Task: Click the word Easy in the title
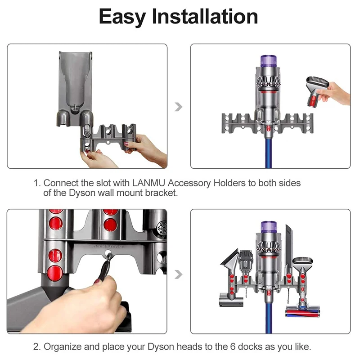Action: coord(121,17)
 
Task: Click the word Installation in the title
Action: coord(205,17)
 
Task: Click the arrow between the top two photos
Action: coord(179,107)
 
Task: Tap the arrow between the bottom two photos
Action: coord(179,274)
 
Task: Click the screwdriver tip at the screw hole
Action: coord(107,261)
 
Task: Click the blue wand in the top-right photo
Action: coord(269,153)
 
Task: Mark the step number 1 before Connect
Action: coord(37,184)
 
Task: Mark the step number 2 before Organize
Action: coord(37,347)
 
